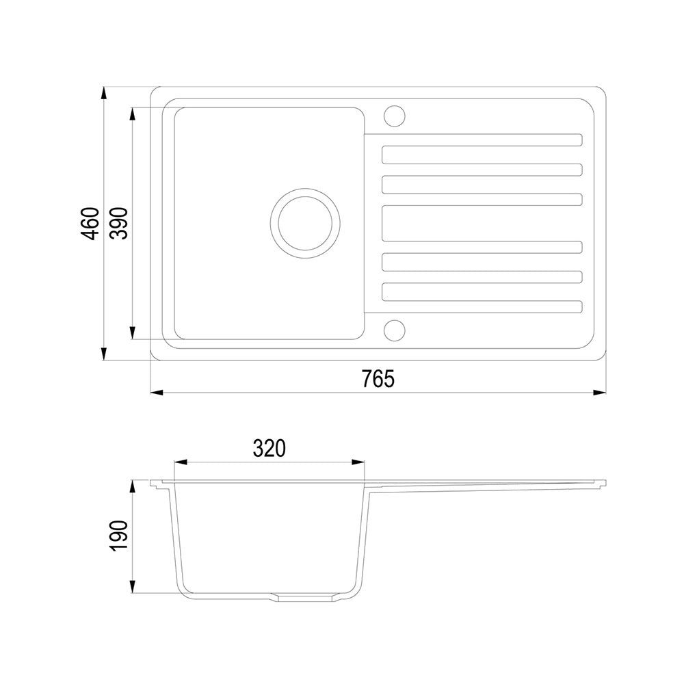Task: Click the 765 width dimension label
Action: coord(378,378)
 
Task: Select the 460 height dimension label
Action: coord(90,224)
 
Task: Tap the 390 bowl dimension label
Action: coord(118,224)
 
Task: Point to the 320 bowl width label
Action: coord(269,448)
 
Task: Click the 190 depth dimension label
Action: coord(118,536)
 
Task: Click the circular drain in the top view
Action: coord(305,223)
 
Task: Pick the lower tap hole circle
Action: coord(395,330)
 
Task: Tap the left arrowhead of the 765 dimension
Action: coord(157,393)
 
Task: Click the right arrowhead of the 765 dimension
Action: coord(599,393)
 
